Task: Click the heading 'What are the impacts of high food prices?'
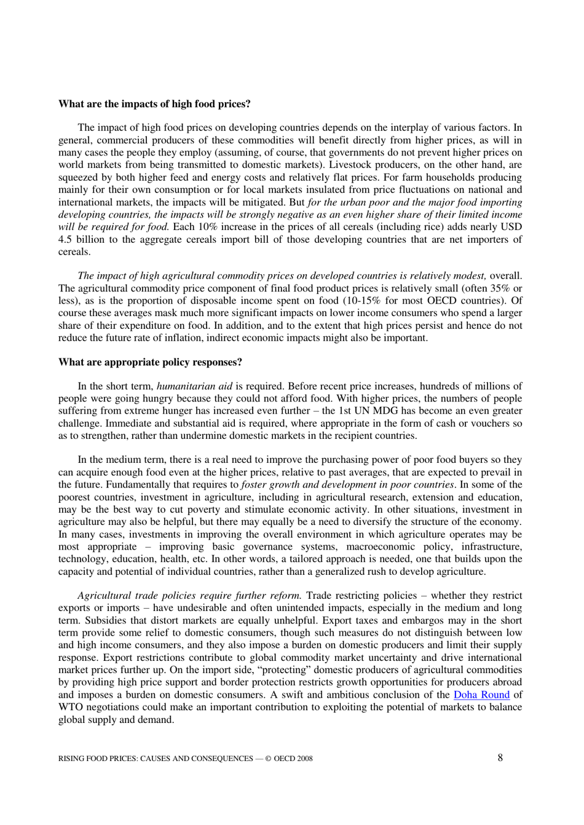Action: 154,104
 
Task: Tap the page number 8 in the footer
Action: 500,757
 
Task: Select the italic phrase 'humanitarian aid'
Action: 194,387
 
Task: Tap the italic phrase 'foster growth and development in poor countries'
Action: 347,484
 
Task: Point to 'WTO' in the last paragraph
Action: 69,707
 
